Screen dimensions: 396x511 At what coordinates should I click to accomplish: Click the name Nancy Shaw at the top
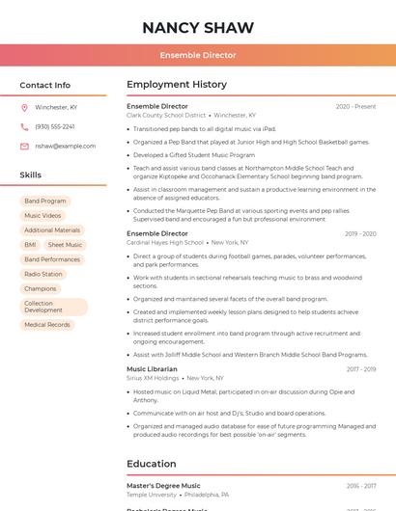point(198,27)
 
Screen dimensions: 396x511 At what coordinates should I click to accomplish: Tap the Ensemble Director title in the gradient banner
point(198,55)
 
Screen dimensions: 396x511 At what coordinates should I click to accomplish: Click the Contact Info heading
point(45,85)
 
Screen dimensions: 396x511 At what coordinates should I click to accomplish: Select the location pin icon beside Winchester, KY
point(24,108)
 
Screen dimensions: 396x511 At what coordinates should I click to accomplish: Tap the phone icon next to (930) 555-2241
point(24,126)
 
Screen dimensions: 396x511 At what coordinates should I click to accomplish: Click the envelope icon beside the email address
point(24,147)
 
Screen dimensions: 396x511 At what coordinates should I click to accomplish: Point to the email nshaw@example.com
point(66,147)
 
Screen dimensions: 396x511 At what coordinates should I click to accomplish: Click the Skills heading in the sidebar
point(31,175)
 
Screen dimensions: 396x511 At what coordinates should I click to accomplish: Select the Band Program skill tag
point(45,202)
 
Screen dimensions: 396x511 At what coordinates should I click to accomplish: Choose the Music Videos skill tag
point(42,216)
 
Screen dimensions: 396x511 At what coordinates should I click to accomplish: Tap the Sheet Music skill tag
point(65,245)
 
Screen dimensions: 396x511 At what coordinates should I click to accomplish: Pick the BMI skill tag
point(30,245)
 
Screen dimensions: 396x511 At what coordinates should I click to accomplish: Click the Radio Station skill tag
point(43,274)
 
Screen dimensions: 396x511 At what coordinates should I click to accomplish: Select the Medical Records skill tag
point(47,325)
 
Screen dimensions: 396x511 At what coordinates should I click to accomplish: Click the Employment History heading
point(177,85)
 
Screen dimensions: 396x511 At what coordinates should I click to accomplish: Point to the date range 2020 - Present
point(355,106)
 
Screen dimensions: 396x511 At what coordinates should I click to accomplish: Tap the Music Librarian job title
point(152,369)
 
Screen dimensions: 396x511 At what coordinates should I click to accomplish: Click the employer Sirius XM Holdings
point(153,378)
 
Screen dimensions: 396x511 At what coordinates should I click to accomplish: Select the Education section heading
point(152,464)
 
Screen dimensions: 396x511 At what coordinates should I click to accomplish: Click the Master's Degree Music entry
point(164,486)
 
